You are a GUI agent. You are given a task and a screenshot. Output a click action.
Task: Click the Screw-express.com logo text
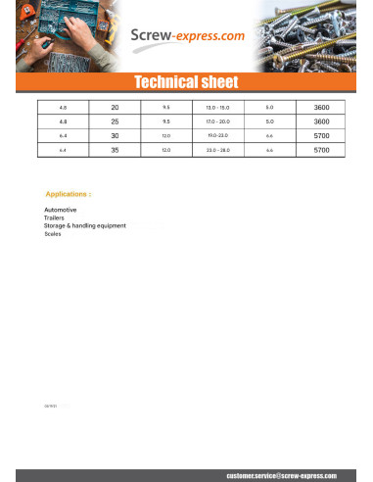(188, 36)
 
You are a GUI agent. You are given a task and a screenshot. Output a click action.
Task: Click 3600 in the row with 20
(321, 106)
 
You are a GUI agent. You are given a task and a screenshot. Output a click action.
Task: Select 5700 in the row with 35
(321, 150)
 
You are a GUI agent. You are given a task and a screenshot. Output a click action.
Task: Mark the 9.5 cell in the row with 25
(165, 120)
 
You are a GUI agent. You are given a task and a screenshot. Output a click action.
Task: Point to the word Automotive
(61, 210)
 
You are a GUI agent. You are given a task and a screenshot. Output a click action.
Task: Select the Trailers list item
(55, 217)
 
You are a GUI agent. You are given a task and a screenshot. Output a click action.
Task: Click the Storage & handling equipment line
(85, 225)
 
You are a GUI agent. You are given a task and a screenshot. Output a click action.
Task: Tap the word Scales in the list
(53, 233)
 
